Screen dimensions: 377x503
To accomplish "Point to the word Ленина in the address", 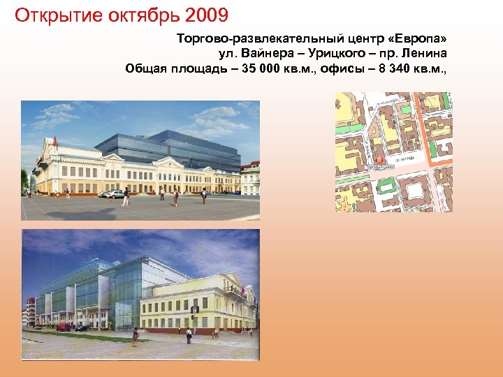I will (x=425, y=54).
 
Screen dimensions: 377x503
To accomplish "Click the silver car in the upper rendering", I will (x=111, y=193).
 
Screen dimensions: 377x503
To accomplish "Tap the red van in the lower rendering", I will (x=64, y=327).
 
